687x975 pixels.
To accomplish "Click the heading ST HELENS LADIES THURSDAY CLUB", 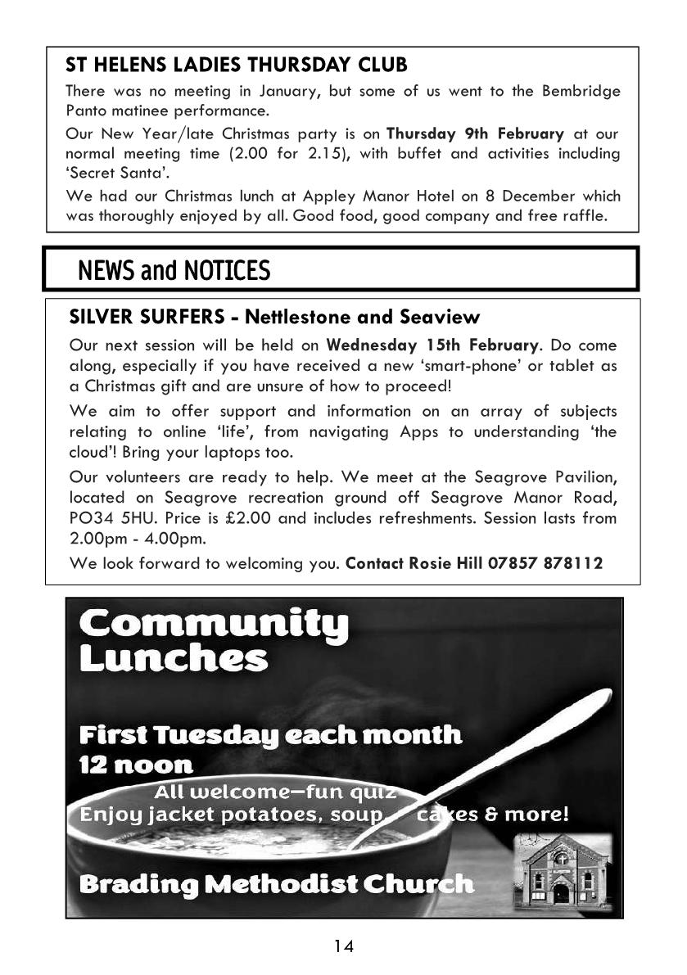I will pyautogui.click(x=236, y=65).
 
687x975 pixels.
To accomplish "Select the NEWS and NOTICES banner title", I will pyautogui.click(x=173, y=270).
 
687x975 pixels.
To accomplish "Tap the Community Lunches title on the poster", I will pyautogui.click(x=213, y=641).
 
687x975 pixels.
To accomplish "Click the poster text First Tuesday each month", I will pyautogui.click(x=270, y=734).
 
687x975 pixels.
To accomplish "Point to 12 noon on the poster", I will pyautogui.click(x=136, y=765).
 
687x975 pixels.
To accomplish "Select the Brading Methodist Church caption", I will pyautogui.click(x=276, y=884).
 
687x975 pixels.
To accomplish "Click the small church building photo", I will pyautogui.click(x=562, y=869).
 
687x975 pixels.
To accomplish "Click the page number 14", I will pyautogui.click(x=343, y=947).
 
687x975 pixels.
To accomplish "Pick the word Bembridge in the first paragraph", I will pyautogui.click(x=578, y=91).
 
